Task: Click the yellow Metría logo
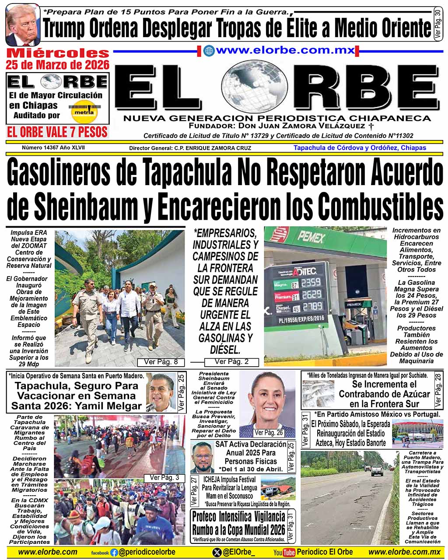point(84,112)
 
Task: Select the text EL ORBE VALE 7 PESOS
point(57,132)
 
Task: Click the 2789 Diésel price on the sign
point(312,306)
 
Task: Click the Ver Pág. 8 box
point(161,362)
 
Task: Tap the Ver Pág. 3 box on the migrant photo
point(164,477)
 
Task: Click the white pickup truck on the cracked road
point(377,470)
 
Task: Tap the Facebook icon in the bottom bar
point(114,553)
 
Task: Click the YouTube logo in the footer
point(284,553)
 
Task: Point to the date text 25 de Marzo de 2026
point(57,65)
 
